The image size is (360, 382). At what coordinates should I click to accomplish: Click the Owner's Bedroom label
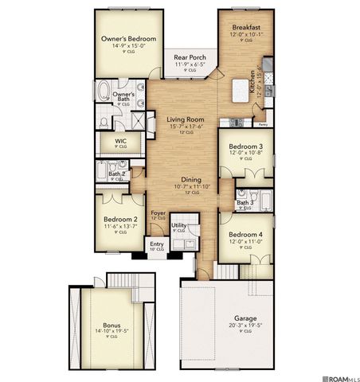[x=128, y=39]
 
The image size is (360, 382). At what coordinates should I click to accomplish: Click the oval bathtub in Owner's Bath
[x=104, y=91]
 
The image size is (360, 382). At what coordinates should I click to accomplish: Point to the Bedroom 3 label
[x=246, y=147]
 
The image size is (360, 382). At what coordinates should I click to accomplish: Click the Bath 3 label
[x=245, y=203]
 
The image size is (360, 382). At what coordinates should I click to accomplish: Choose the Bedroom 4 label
[x=246, y=235]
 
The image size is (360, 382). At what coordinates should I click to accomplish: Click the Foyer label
[x=158, y=212]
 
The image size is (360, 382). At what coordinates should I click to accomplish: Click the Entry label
[x=156, y=245]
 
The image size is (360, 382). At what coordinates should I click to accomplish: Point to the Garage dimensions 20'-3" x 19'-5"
[x=228, y=324]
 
